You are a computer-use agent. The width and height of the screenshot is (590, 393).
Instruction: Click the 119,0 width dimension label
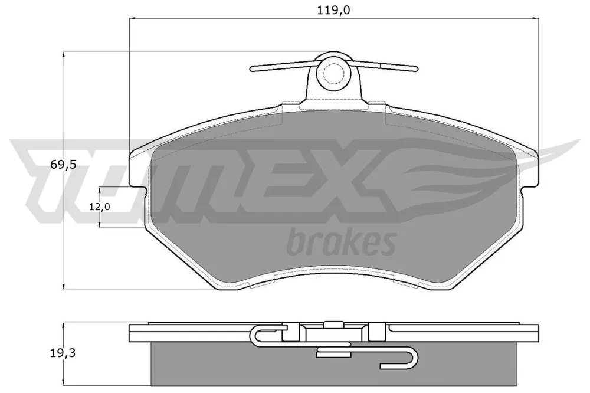pos(333,10)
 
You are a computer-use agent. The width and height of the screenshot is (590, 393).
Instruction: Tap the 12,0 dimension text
pos(99,207)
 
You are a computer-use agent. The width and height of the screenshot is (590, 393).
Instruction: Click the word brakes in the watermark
pos(342,242)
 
